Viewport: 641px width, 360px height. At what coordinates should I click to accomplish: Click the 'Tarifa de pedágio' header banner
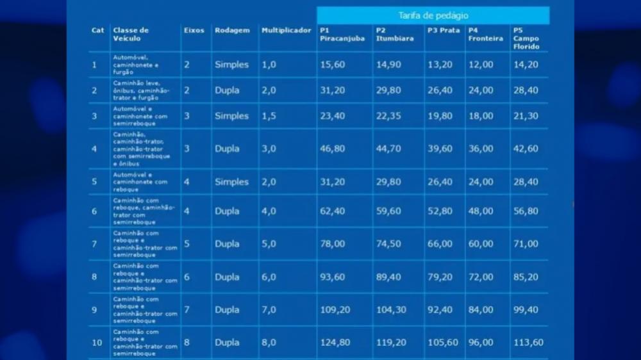pos(433,15)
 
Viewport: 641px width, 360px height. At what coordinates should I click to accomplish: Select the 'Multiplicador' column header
pos(286,30)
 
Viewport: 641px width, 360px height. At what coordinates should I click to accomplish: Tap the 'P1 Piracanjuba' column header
pos(342,34)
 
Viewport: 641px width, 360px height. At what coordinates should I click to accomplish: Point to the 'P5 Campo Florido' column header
pos(526,38)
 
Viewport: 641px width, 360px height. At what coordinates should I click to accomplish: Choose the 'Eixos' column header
pos(194,30)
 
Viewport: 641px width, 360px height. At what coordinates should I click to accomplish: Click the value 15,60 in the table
pos(332,65)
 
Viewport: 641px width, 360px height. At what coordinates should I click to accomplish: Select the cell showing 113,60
pos(528,343)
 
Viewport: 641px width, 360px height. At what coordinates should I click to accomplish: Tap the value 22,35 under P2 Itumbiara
pos(388,116)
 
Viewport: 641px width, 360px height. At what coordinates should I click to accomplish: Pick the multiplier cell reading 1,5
pos(269,116)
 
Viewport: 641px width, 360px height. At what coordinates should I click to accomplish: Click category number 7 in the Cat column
pos(94,244)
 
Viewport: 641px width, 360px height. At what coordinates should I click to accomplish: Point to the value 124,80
pos(335,343)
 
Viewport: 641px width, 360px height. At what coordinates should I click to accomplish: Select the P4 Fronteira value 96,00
pos(481,343)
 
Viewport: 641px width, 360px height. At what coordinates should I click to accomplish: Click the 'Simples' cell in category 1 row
pos(231,65)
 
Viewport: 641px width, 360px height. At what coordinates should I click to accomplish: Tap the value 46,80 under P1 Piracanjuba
pos(332,149)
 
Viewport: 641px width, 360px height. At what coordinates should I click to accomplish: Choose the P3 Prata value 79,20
pos(440,277)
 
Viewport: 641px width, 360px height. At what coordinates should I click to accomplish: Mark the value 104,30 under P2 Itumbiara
pos(391,310)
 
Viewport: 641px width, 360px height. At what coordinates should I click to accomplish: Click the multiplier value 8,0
pos(269,343)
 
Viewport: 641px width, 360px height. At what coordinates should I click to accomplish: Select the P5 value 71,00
pos(526,244)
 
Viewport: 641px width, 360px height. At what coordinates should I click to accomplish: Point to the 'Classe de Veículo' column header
pos(131,34)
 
